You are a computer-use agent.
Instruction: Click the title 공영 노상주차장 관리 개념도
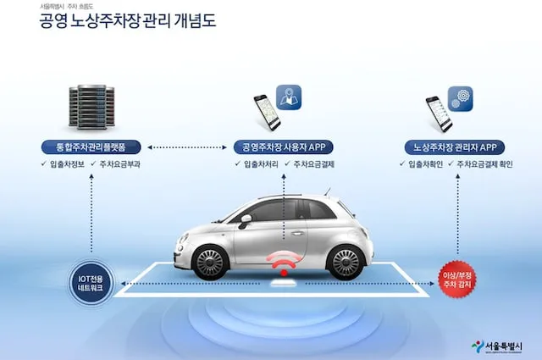pyautogui.click(x=127, y=21)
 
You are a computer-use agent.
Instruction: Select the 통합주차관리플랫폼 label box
pyautogui.click(x=90, y=146)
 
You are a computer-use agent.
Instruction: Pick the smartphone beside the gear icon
pyautogui.click(x=438, y=113)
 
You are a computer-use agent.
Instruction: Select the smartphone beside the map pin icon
pyautogui.click(x=267, y=112)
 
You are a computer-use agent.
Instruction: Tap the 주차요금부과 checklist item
pyautogui.click(x=114, y=163)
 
